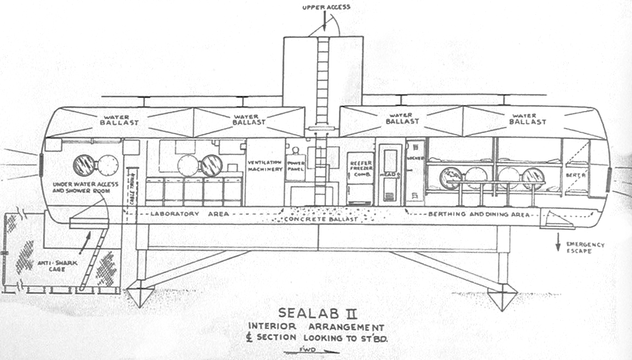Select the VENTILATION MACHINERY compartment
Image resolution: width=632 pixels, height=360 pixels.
click(x=265, y=166)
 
